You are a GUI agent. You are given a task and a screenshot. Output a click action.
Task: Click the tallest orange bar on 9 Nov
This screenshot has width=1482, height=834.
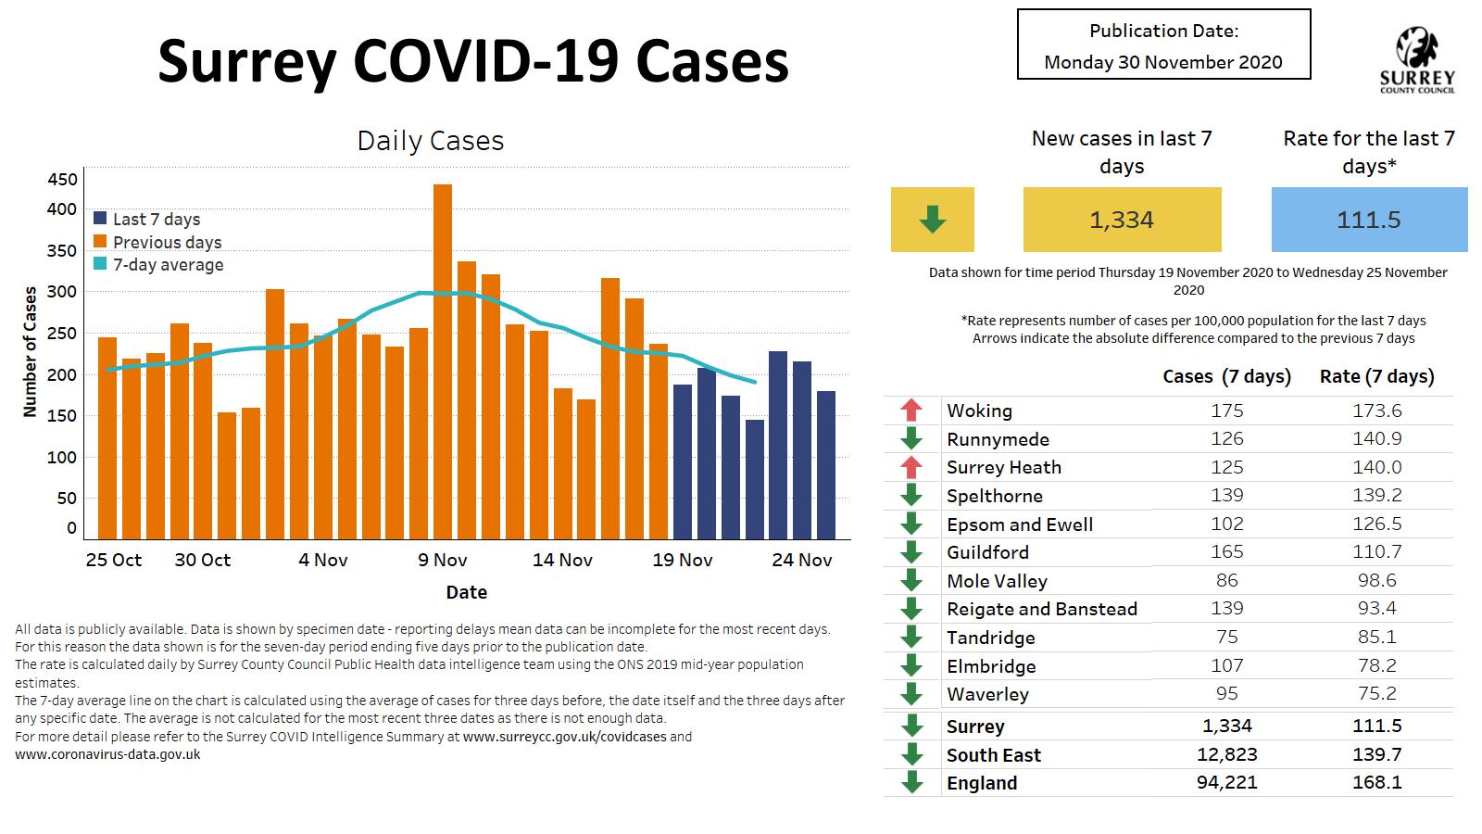point(443,361)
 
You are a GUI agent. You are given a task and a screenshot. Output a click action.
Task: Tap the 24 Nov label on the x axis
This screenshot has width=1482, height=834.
point(802,560)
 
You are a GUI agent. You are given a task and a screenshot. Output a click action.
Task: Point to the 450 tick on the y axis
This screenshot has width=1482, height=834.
point(63,180)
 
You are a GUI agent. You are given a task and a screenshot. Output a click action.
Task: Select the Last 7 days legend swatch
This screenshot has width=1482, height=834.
point(100,219)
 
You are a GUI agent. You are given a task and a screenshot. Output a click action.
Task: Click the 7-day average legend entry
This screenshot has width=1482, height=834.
point(168,265)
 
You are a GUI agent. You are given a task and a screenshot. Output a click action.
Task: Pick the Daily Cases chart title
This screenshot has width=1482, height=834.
point(431,141)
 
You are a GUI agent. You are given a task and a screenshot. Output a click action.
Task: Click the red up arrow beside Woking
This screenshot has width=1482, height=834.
point(911,411)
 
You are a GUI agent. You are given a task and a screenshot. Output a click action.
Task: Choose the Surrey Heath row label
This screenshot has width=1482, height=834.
point(1004,467)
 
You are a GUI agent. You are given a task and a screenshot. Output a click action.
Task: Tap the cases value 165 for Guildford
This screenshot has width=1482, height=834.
point(1227,552)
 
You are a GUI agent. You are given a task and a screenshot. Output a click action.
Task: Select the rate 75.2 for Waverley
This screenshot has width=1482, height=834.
point(1376,694)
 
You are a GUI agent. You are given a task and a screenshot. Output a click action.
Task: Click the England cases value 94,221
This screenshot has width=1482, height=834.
point(1227,783)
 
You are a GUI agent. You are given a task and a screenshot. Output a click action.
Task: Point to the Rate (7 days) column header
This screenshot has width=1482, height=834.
point(1376,376)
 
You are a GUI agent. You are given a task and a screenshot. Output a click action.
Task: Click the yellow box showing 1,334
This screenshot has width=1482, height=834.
point(1122,220)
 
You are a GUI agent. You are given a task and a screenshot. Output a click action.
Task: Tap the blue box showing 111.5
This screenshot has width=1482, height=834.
point(1369,220)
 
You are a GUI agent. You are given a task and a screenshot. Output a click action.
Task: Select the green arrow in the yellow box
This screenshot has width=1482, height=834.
point(932,220)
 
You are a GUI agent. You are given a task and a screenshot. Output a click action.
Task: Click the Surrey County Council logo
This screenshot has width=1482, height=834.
point(1417,59)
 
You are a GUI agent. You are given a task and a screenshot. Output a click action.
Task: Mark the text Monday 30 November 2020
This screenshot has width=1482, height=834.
point(1163,62)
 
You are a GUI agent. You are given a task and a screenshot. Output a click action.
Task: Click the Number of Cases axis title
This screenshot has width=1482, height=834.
point(31,351)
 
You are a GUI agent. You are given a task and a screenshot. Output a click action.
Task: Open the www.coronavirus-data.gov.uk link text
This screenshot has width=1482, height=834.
point(107,754)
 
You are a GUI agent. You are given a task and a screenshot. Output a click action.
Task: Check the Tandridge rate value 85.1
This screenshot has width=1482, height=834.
point(1376,637)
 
